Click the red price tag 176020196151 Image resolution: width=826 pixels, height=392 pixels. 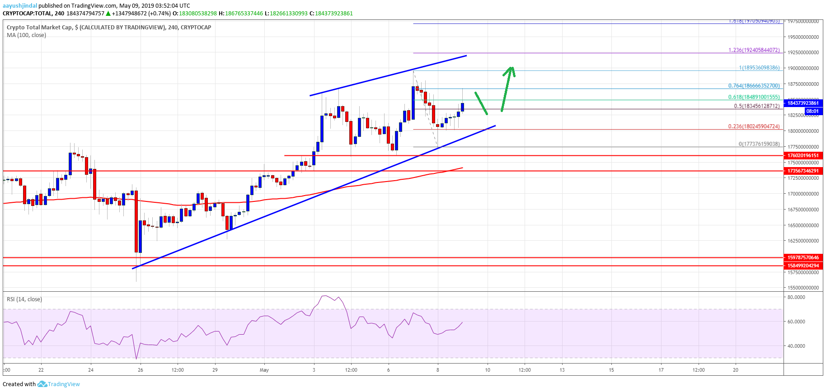coord(803,155)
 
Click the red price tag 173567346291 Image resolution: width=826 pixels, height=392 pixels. coord(803,171)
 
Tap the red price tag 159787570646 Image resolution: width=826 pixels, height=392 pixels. coord(803,257)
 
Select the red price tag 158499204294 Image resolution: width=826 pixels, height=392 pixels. coord(803,266)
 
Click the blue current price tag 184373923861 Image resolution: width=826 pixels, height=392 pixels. coord(803,103)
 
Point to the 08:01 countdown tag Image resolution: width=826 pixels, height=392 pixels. coord(812,111)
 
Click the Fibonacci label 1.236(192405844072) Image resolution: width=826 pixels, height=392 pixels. coord(754,50)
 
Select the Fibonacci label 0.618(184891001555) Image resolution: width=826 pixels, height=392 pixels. coord(754,97)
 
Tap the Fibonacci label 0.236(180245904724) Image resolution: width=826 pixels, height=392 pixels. coord(754,126)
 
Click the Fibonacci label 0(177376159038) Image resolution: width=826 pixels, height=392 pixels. coord(759,144)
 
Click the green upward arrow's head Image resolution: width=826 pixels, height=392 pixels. coord(511,69)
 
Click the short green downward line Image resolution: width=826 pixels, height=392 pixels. coord(481,103)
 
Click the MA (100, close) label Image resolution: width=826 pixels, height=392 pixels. coord(26,35)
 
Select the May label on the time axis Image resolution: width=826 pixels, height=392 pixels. coord(264,370)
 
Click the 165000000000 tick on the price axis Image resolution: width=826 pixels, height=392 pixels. coord(803,225)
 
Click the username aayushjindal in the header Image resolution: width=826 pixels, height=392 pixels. coord(20,5)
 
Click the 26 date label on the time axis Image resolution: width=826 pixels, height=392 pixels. coord(141,370)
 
